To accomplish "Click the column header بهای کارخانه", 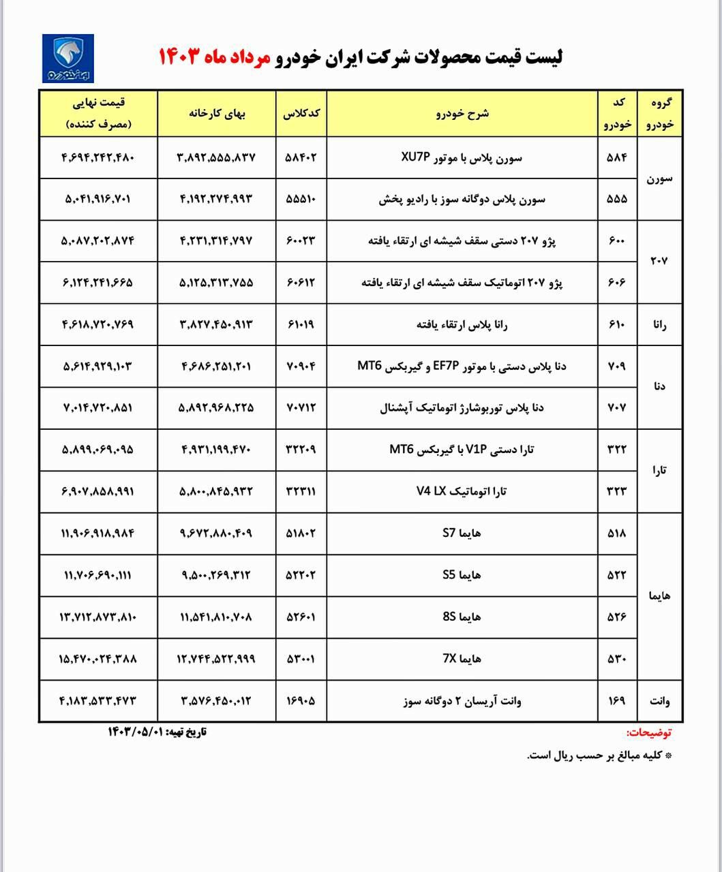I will coord(217,114).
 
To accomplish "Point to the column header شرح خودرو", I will coord(462,114).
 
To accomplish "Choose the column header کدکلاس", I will coord(301,114).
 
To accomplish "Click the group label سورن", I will coord(659,178).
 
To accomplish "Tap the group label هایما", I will coord(659,596).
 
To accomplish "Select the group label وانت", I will coord(659,700).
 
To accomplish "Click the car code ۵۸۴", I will coord(616,157).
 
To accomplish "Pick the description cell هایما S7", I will coord(462,533).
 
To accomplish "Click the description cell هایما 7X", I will coord(462,659).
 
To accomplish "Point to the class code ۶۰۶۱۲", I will coord(301,283).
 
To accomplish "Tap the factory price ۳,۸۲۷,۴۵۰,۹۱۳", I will coord(217,324).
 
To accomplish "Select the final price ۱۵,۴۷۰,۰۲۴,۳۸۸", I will coord(99,659).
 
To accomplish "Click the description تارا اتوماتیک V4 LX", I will coord(462,491).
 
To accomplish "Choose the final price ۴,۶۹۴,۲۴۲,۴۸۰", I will coord(99,157).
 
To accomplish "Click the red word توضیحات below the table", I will coord(648,733).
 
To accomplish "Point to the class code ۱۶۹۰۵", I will coord(301,700).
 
